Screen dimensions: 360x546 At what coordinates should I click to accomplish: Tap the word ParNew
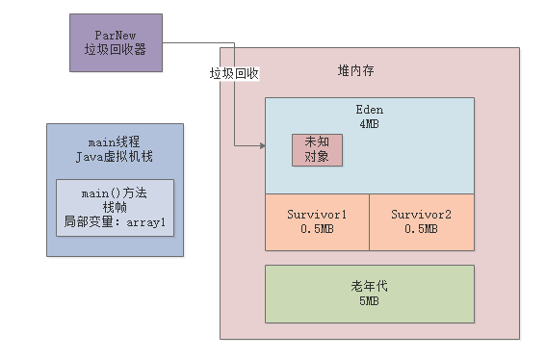pos(115,35)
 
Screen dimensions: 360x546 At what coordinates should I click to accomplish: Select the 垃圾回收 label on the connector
pos(235,74)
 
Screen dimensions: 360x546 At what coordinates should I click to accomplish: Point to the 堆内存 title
pos(357,70)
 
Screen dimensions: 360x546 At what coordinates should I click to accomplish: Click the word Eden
pos(369,110)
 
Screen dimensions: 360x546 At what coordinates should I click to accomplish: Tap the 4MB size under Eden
pos(369,124)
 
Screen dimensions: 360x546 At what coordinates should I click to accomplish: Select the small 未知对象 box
pos(317,148)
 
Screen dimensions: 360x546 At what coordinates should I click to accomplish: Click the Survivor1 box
pos(317,221)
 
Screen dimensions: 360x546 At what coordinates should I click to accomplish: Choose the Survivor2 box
pos(422,221)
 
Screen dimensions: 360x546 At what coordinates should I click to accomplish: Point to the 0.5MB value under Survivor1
pos(317,229)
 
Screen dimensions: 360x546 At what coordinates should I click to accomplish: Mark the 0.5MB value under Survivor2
pos(422,229)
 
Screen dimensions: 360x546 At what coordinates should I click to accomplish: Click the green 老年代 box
pos(369,294)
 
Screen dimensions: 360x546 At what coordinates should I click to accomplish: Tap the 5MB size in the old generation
pos(369,301)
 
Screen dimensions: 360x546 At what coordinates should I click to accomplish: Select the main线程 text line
pos(115,143)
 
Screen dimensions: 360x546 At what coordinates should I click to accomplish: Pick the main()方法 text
pos(115,192)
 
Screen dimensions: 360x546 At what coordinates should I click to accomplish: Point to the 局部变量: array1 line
pos(115,221)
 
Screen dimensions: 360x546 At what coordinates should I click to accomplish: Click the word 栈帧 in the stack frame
pos(115,207)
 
